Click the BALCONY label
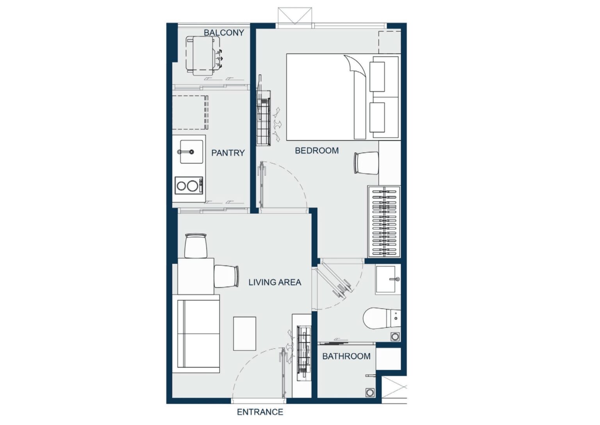pyautogui.click(x=224, y=33)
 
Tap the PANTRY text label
pyautogui.click(x=228, y=153)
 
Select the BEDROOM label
pyautogui.click(x=317, y=151)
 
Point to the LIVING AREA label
pyautogui.click(x=275, y=282)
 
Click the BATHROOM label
pyautogui.click(x=346, y=356)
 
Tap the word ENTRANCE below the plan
pyautogui.click(x=260, y=412)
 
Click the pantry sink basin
pyautogui.click(x=191, y=152)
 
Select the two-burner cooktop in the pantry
pyautogui.click(x=189, y=185)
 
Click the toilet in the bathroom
pyautogui.click(x=382, y=318)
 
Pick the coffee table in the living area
pyautogui.click(x=245, y=333)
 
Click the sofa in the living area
pyautogui.click(x=196, y=333)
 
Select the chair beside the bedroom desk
pyautogui.click(x=366, y=163)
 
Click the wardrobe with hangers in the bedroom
pyautogui.click(x=384, y=222)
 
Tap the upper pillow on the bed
pyautogui.click(x=377, y=77)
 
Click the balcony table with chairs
pyautogui.click(x=204, y=56)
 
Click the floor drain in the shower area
pyautogui.click(x=370, y=393)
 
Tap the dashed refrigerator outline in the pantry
pyautogui.click(x=190, y=112)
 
